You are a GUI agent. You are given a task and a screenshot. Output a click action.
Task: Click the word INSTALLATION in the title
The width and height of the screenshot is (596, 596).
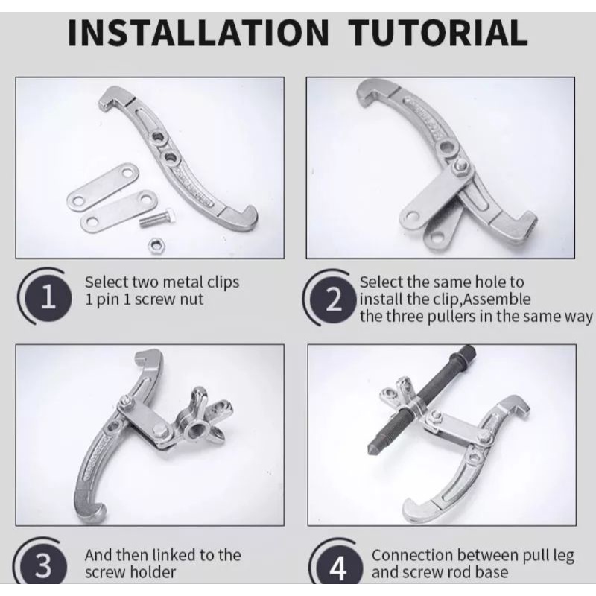coord(197,33)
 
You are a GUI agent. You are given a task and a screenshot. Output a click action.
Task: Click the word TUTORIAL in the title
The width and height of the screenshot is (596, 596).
coord(437,33)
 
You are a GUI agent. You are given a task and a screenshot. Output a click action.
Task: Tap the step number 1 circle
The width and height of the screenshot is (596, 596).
coord(48,297)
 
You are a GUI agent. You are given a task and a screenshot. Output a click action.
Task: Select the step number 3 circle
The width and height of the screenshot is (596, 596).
coord(43,565)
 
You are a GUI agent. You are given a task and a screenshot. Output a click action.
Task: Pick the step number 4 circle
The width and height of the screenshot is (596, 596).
coord(338,567)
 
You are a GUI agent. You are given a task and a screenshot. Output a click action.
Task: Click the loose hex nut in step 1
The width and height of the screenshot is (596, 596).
coord(156,246)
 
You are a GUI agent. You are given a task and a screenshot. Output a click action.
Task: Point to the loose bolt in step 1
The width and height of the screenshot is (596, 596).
coord(156,218)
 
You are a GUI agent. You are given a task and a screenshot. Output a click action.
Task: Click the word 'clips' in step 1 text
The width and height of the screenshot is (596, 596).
coord(223,282)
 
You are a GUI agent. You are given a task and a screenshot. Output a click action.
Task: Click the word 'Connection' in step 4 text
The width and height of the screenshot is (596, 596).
coord(413,555)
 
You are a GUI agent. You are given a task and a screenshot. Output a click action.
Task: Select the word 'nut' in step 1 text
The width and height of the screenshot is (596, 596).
coord(191,300)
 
